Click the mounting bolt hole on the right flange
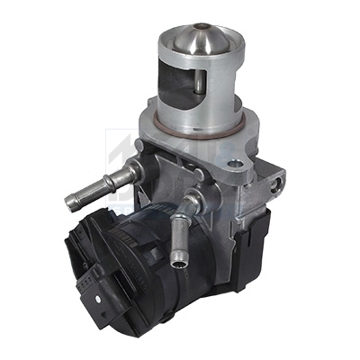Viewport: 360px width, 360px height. coord(236,166)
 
